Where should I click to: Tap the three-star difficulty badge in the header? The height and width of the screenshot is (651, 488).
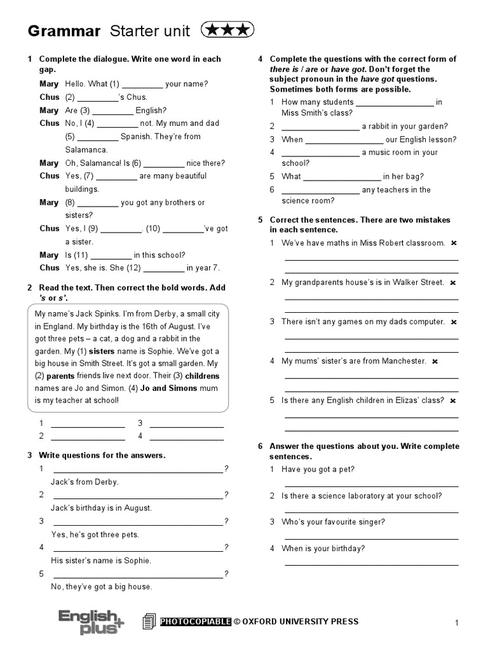[227, 29]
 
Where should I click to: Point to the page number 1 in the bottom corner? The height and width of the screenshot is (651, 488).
[456, 624]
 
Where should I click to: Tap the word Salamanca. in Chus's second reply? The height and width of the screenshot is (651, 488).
[86, 149]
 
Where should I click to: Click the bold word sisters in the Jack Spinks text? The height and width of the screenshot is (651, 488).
[101, 350]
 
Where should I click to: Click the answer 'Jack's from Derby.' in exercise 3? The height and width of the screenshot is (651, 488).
[85, 482]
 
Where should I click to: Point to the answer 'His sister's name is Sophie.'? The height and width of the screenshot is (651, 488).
[101, 561]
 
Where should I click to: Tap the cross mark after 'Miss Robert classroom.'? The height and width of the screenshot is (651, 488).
[454, 243]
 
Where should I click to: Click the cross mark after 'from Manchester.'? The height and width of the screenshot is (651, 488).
[435, 361]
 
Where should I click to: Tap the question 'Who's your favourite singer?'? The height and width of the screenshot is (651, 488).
[333, 522]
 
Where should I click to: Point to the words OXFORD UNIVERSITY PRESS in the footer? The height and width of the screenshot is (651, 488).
[301, 622]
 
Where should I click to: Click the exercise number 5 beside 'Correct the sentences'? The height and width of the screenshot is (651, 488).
[261, 220]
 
